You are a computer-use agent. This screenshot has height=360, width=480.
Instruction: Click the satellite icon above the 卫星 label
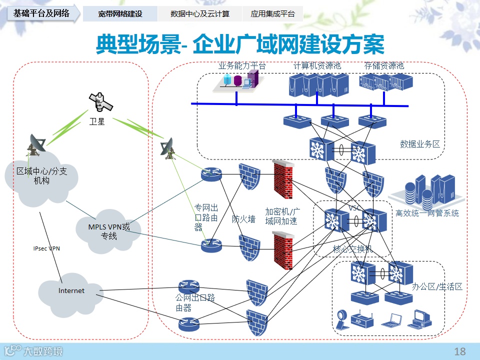[x=100, y=102]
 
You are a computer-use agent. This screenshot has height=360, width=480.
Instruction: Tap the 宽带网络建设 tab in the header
[x=120, y=14]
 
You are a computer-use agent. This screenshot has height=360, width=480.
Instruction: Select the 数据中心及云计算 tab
[x=200, y=14]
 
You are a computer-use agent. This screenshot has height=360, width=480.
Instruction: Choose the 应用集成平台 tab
[x=272, y=14]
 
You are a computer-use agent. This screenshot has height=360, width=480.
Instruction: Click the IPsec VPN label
[x=46, y=248]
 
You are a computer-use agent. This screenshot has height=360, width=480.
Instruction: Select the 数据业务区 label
[x=420, y=144]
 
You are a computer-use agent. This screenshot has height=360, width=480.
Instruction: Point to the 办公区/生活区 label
[x=437, y=287]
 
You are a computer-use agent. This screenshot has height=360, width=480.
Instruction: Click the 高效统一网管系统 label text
[x=427, y=213]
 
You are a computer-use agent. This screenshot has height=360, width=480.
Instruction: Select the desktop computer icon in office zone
[x=421, y=318]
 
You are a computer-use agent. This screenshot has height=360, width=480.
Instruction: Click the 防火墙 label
[x=243, y=219]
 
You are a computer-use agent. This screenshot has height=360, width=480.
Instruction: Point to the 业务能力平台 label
[x=242, y=65]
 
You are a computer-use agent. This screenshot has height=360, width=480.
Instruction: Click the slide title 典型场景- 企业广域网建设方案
[x=240, y=44]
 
